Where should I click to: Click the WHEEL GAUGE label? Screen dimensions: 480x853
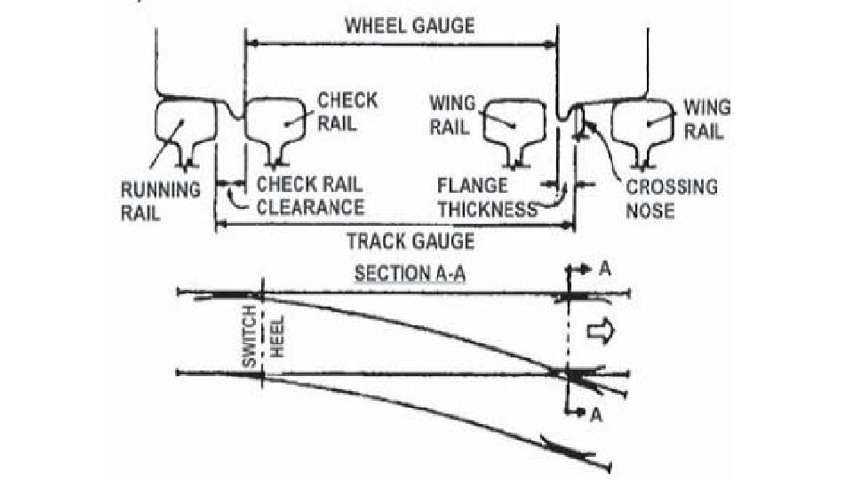coord(409,26)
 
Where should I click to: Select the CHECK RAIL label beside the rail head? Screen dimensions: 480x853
coord(347,110)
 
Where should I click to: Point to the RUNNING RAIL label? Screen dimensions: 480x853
coord(161,201)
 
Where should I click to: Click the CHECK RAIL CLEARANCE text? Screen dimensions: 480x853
coord(310,196)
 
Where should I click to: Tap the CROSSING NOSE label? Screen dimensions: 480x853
coord(671,198)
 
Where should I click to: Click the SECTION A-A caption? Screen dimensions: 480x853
coord(405,272)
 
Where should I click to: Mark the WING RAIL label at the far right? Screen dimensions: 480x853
coord(706,119)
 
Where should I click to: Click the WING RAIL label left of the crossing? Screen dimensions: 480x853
coord(450,115)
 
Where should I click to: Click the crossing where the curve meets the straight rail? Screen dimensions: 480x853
coord(570,374)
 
